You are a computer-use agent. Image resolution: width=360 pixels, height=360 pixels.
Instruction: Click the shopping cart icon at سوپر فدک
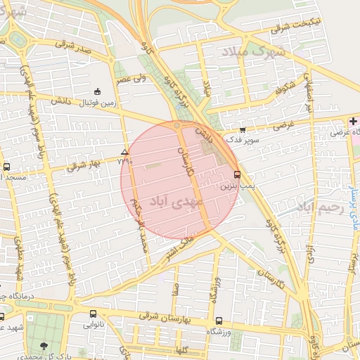click(243, 130)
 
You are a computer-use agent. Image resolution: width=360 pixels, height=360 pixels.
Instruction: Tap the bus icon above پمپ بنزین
click(236, 174)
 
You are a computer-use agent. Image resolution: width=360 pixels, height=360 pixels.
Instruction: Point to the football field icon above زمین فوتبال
click(97, 91)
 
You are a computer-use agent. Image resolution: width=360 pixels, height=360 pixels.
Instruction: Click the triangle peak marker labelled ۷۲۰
click(124, 152)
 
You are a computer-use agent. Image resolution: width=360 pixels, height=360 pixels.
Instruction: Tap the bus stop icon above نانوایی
click(93, 314)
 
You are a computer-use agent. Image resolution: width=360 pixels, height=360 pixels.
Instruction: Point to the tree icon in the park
click(45, 345)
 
